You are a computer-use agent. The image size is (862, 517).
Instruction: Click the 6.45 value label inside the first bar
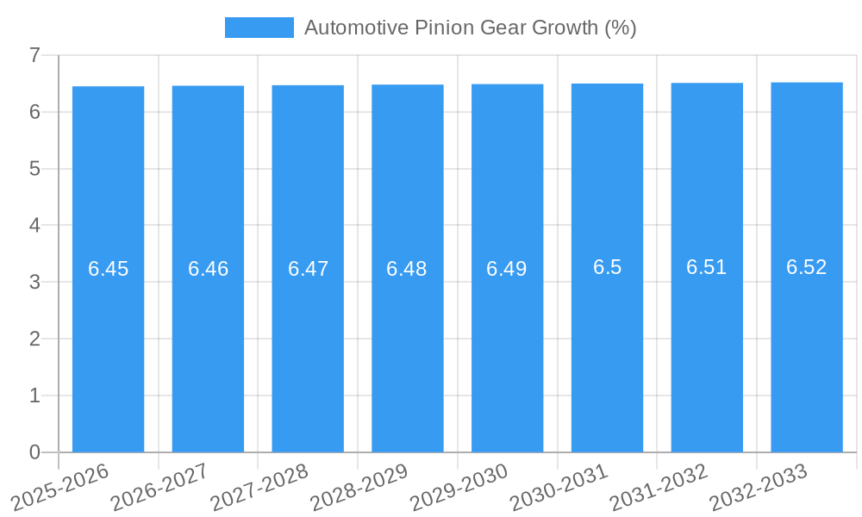tap(108, 269)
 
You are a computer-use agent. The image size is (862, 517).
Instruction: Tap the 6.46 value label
tap(208, 269)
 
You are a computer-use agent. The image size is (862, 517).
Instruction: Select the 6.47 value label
tap(308, 269)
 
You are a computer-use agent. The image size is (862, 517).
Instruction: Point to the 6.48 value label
tap(407, 269)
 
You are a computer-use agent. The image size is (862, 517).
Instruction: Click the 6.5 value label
tap(607, 267)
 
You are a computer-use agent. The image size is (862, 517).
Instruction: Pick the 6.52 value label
tap(806, 267)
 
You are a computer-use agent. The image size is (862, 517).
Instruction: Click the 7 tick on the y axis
tap(34, 56)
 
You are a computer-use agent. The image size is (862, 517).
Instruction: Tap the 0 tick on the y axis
tap(34, 452)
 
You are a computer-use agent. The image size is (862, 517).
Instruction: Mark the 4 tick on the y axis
tap(34, 226)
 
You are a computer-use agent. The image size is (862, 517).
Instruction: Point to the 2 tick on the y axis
tap(34, 339)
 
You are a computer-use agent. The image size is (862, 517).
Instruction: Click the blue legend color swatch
tap(259, 28)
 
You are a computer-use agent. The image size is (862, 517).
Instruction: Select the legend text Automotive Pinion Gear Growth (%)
tap(470, 28)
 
